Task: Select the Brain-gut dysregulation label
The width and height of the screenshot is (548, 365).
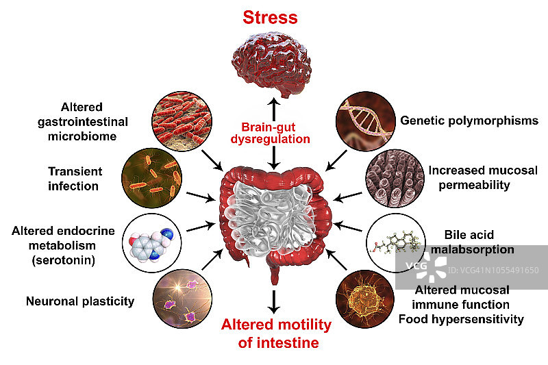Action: (274, 133)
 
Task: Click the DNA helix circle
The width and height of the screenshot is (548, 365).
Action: (364, 121)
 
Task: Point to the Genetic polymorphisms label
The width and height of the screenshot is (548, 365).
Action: (469, 121)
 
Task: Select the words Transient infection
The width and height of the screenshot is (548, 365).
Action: (75, 178)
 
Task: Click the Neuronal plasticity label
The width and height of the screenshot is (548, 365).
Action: (80, 300)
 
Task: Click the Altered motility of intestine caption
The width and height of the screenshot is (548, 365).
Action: (275, 333)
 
